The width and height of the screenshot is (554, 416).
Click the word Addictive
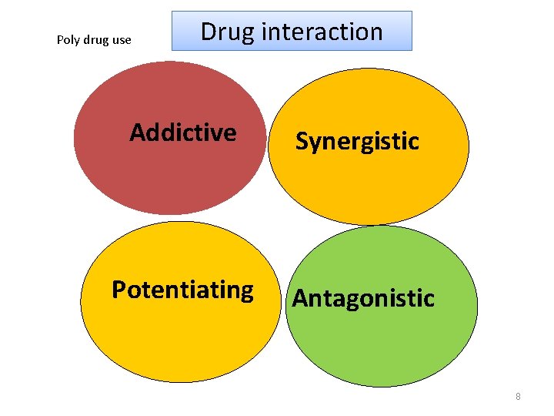[x=183, y=133]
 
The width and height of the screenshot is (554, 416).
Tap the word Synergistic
[x=357, y=142]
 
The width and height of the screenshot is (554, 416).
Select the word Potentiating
[x=182, y=290]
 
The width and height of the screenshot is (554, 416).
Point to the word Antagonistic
[x=363, y=298]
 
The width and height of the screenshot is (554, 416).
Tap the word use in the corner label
[x=122, y=40]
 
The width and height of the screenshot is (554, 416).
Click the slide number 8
[x=518, y=397]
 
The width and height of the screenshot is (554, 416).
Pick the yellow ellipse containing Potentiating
[x=181, y=339]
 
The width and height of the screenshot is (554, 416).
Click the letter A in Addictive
[x=138, y=133]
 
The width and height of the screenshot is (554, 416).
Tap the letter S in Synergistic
[x=302, y=142]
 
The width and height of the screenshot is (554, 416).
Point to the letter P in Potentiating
[x=119, y=290]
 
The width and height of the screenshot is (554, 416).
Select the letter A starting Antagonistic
[x=301, y=298]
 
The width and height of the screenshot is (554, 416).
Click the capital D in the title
[x=209, y=32]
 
